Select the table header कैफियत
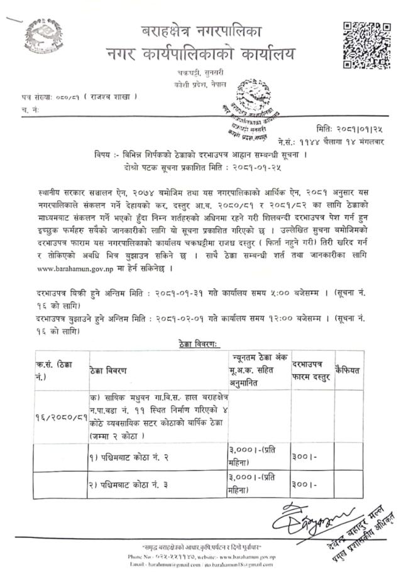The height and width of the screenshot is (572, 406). [x=349, y=370]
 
